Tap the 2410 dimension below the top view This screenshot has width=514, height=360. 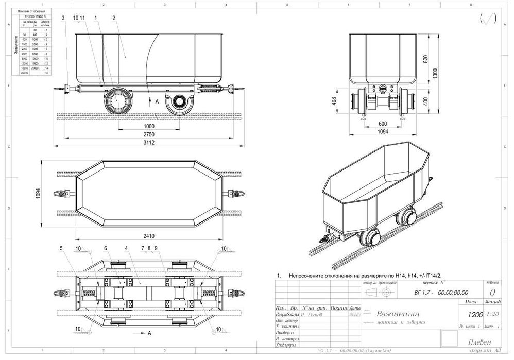149,236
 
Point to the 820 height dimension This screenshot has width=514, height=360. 425,59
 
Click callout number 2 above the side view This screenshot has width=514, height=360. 113,18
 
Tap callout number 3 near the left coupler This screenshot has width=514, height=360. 63,18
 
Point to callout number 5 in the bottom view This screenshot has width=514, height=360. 61,249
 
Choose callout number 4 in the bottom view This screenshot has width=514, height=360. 125,249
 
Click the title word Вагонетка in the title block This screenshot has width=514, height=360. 397,314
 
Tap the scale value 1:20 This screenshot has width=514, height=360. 491,313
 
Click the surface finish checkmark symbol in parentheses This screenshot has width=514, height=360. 487,19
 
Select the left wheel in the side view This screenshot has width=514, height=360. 118,100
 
